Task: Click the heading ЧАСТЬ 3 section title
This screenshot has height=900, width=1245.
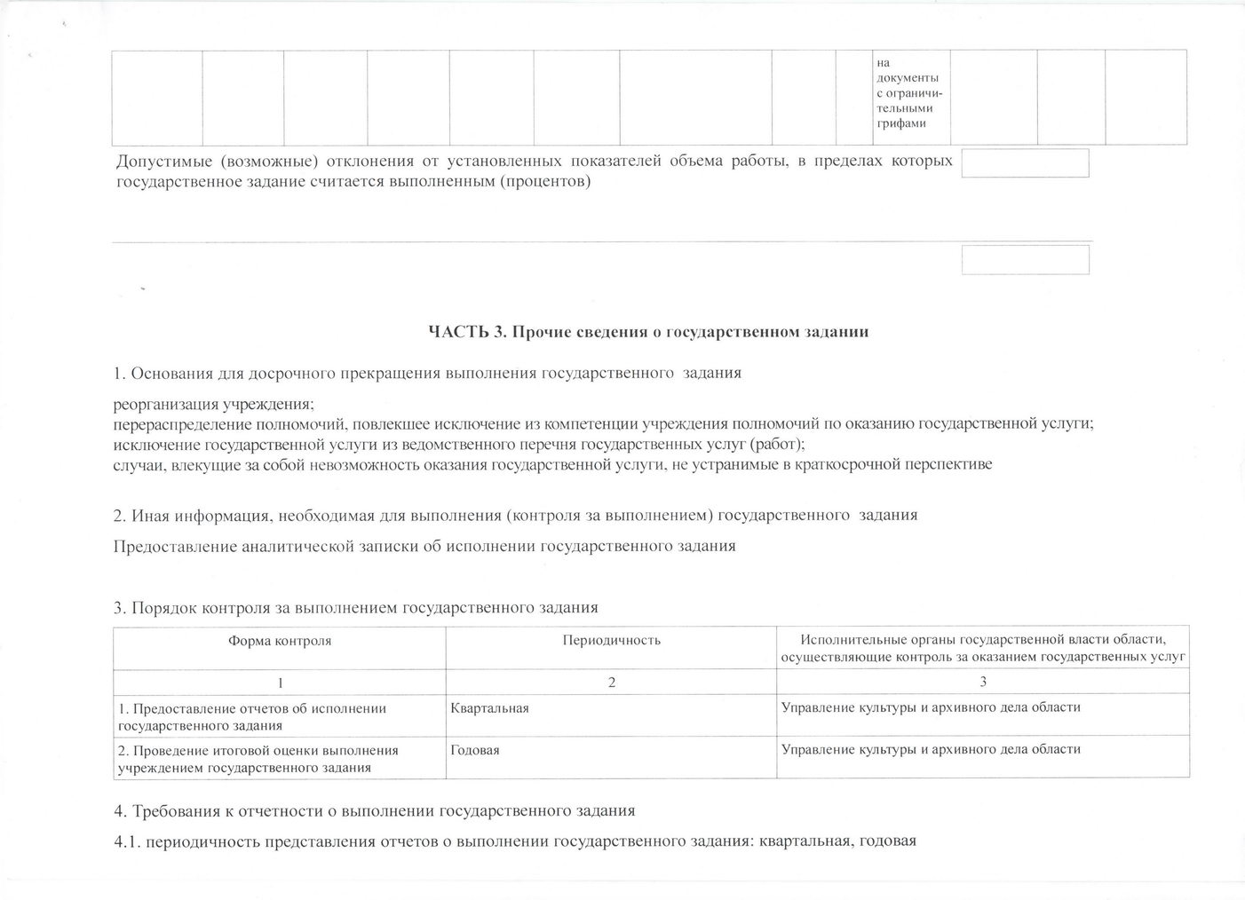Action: click(647, 332)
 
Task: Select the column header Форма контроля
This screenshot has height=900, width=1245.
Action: click(280, 640)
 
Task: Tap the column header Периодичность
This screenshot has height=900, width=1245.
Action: click(611, 640)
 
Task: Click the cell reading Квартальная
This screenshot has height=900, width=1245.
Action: click(489, 707)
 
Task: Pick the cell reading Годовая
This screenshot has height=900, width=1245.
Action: click(475, 750)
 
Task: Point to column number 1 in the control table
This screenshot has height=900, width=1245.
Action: click(280, 682)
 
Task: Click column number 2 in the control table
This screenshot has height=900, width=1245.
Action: click(611, 682)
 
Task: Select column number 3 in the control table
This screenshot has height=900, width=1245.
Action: click(982, 682)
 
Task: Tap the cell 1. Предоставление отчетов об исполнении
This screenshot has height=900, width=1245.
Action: click(252, 716)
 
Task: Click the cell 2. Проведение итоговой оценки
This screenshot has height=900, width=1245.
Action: click(258, 758)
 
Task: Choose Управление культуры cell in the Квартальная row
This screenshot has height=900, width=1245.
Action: click(931, 707)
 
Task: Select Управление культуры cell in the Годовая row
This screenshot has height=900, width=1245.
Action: click(931, 749)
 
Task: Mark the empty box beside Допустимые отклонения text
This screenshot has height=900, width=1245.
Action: click(1025, 163)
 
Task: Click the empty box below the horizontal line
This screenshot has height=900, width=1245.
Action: click(1025, 259)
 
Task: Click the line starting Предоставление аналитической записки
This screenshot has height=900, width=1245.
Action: click(424, 546)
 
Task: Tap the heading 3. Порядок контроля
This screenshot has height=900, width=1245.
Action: click(356, 608)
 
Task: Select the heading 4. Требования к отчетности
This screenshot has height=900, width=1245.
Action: click(375, 810)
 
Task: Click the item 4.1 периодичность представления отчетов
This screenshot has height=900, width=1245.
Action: click(515, 841)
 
